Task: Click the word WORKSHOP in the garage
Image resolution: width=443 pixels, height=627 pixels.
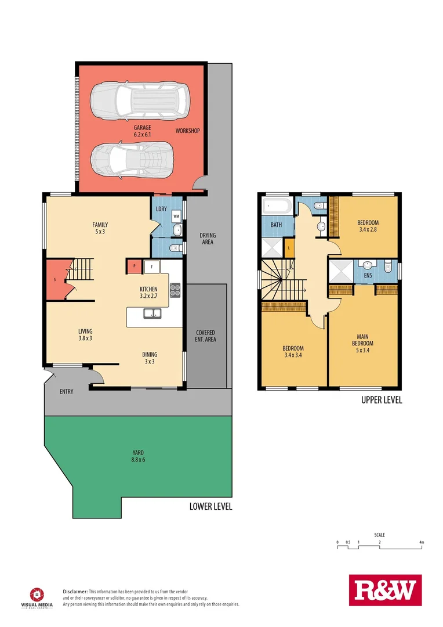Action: [x=187, y=131]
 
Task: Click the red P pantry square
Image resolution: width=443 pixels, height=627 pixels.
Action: [x=134, y=268]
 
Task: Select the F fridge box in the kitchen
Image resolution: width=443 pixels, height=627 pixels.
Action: [x=152, y=268]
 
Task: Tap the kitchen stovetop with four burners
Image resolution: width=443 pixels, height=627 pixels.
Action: [x=175, y=289]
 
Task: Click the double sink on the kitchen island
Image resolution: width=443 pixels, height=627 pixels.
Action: [x=152, y=314]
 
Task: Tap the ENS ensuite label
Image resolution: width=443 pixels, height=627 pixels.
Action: [x=368, y=275]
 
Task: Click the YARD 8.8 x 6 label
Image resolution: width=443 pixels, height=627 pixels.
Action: [x=137, y=457]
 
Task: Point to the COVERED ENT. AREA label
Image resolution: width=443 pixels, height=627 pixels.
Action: [x=206, y=336]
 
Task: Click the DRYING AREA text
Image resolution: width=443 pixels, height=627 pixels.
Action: [x=208, y=238]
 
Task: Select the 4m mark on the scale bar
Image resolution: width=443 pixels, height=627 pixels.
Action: [x=422, y=542]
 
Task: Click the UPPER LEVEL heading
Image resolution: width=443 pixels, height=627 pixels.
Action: [x=381, y=400]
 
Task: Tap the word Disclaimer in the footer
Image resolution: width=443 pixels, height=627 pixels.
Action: [x=75, y=590]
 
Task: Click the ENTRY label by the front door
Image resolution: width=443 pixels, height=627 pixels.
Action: [x=67, y=391]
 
